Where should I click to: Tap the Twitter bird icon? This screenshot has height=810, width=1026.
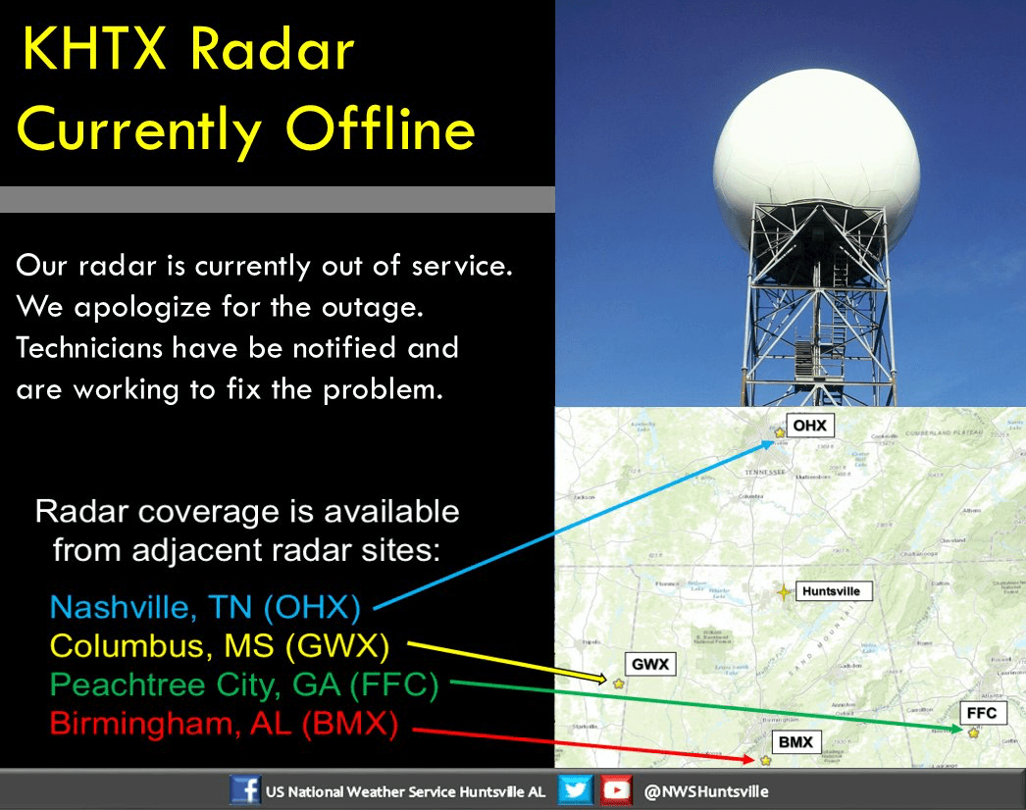click(576, 790)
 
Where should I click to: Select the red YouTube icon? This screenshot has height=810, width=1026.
click(616, 790)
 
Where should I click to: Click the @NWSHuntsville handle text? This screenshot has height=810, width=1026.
click(706, 791)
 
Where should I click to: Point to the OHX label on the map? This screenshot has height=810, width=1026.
click(809, 426)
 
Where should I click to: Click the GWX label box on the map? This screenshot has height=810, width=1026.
click(649, 665)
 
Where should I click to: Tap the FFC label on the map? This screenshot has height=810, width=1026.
click(980, 713)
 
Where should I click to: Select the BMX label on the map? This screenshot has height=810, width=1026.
click(795, 742)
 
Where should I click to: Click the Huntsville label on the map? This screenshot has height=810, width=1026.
click(830, 591)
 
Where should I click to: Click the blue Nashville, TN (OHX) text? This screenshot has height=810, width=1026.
click(205, 608)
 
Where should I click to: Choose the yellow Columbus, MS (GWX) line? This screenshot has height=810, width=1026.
click(220, 647)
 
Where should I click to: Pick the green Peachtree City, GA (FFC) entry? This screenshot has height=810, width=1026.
click(243, 685)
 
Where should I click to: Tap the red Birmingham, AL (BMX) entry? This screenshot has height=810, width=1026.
click(224, 725)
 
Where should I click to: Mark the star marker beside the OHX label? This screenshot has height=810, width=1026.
click(780, 431)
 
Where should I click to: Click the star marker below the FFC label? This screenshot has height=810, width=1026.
click(973, 733)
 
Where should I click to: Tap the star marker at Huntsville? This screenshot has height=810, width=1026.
click(783, 592)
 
